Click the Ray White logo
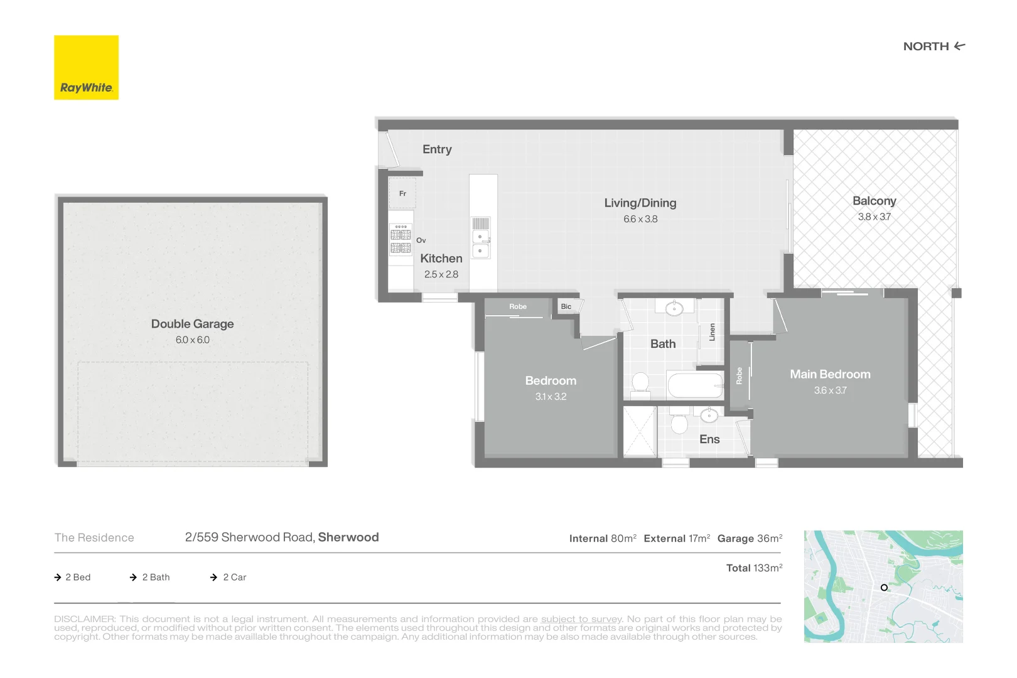[x=86, y=67]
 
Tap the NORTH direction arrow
[x=959, y=46]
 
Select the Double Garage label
[x=192, y=324]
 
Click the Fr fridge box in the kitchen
[x=402, y=193]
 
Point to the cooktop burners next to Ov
[x=401, y=241]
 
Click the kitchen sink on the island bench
[x=481, y=244]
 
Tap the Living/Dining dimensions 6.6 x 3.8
[x=640, y=219]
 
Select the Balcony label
[x=874, y=201]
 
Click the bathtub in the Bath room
[x=695, y=385]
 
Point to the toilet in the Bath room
[x=640, y=383]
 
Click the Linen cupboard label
[x=712, y=332]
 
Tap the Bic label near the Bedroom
[x=566, y=306]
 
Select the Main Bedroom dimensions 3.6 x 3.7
[x=830, y=390]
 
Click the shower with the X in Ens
[x=639, y=431]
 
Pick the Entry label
[x=437, y=149]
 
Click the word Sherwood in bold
[x=348, y=537]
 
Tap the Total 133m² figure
[x=754, y=568]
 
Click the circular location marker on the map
[x=884, y=588]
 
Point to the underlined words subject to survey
[x=581, y=619]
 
